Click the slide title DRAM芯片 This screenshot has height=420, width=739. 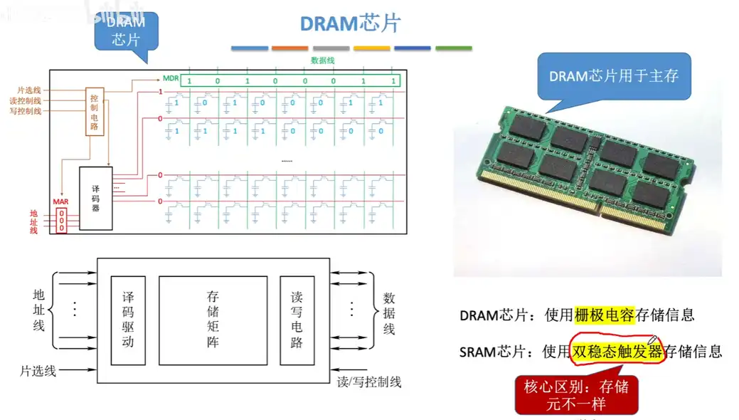tap(350, 23)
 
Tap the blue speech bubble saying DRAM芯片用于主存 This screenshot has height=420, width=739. tap(613, 76)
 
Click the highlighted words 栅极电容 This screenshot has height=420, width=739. tap(605, 315)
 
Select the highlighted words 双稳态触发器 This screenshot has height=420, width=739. tap(617, 351)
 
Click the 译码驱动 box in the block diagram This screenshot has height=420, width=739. tap(128, 320)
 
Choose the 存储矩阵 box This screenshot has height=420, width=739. tap(213, 320)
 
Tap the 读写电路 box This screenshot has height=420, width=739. tap(297, 320)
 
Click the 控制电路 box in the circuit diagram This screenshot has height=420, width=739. tap(94, 112)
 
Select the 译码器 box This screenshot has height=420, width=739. tap(96, 198)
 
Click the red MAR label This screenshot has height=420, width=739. tap(60, 202)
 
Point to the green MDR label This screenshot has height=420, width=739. tap(171, 80)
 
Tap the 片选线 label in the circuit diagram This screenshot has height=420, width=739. tap(30, 90)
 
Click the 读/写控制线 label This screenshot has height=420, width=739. tap(368, 382)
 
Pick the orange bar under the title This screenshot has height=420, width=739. tap(289, 48)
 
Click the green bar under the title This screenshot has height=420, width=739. tap(453, 48)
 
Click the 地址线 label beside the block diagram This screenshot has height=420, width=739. tap(38, 310)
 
